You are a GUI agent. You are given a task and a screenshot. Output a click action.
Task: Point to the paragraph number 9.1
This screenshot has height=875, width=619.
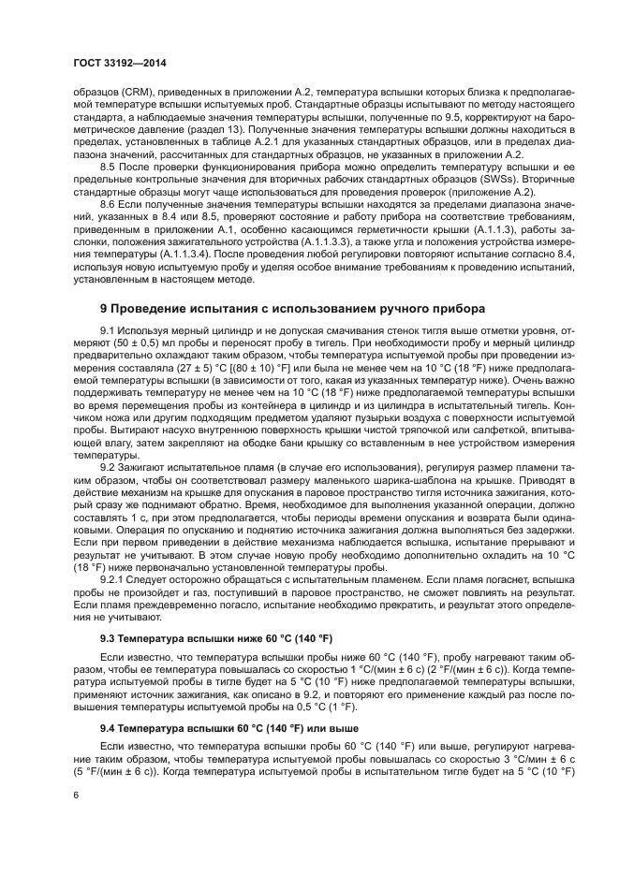[108, 331]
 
